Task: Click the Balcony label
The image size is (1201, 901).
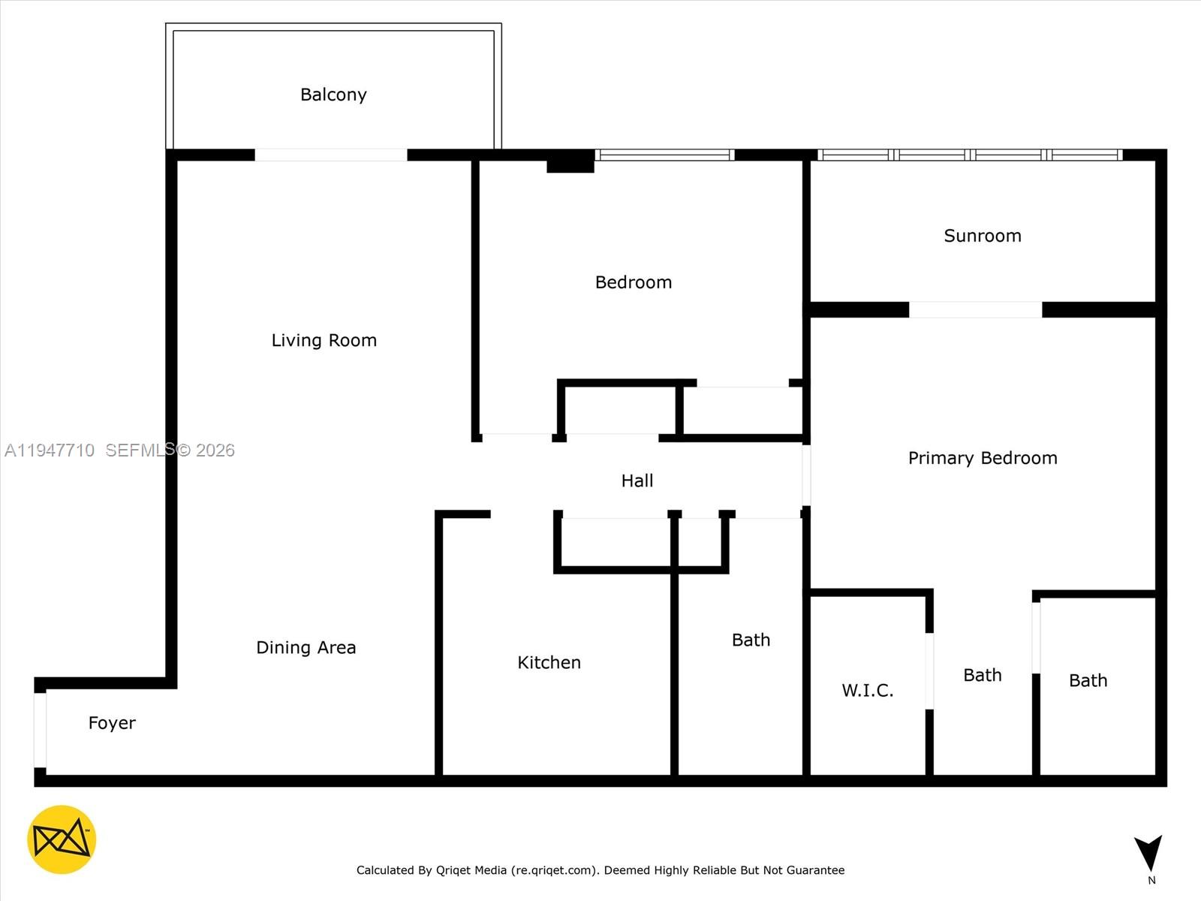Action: pos(333,95)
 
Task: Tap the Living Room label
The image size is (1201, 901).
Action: pos(324,340)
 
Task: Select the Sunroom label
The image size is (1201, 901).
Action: pos(982,236)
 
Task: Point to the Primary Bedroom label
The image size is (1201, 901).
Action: pos(982,458)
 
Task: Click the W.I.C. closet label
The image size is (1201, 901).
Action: pos(867,690)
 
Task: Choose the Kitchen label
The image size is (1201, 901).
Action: pos(549,662)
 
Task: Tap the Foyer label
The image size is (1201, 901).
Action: pos(112,723)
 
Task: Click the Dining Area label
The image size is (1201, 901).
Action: pos(306,647)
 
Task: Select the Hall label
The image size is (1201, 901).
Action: pos(637,481)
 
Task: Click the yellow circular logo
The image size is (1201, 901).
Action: pos(62,839)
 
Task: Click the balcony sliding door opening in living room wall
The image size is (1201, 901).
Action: pos(331,155)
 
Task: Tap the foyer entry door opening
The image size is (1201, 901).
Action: pos(41,730)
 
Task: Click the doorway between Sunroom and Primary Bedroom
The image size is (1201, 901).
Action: pos(975,309)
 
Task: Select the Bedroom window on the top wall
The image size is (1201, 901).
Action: pos(664,155)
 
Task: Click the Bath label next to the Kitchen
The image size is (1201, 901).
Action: pos(751,640)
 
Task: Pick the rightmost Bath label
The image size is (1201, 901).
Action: pos(1088,680)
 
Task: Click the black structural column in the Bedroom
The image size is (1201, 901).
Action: pos(570,162)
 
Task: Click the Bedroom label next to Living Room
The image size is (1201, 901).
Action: pos(633,282)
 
